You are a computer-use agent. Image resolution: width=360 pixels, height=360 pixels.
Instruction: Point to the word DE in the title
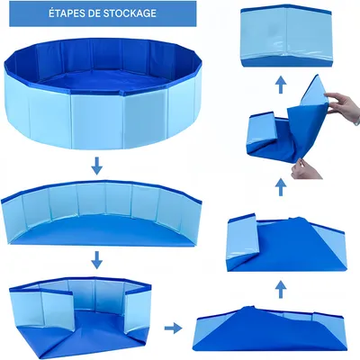pos(93,14)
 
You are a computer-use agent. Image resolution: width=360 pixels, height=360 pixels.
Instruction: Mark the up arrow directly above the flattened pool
pos(282,288)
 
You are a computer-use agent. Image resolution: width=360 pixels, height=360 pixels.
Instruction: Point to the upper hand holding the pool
pos(345,106)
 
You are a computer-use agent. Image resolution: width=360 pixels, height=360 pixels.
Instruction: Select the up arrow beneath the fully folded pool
pos(282,83)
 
